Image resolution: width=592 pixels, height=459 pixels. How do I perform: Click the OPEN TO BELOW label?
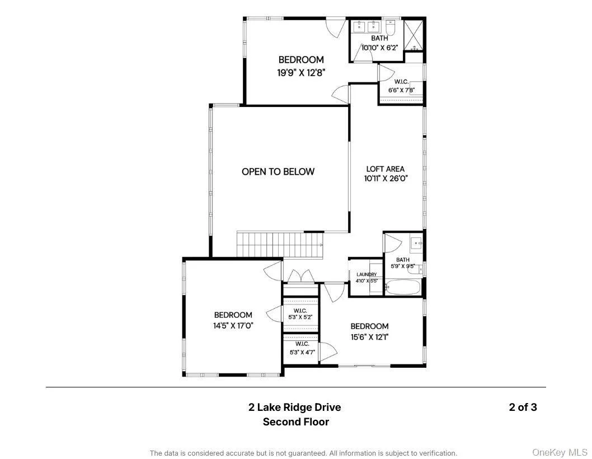pos(278,171)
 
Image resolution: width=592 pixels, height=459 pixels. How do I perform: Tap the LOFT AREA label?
pos(385,169)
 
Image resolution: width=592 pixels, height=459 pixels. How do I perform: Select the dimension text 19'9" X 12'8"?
pos(301,73)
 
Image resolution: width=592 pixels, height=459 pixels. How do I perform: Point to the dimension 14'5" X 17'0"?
pos(233,325)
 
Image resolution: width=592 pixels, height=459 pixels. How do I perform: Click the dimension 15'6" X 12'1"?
pos(370,336)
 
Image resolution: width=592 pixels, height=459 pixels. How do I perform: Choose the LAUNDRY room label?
pos(367,274)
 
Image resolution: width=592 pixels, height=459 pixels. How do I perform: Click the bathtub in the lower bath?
pos(402,287)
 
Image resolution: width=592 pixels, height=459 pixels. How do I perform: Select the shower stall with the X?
pos(414,35)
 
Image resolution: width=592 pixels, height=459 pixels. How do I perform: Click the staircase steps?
pos(280,245)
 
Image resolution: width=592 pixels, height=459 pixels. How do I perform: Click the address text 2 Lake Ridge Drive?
pos(294,408)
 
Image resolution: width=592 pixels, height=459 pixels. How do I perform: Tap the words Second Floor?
pos(295,421)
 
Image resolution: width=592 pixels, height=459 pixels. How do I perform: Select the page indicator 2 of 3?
pos(523,407)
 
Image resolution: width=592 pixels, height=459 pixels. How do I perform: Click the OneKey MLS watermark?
pos(560,452)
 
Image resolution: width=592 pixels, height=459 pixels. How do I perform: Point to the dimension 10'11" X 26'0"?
pos(386,179)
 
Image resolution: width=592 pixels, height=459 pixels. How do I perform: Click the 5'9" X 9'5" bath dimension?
pos(403,266)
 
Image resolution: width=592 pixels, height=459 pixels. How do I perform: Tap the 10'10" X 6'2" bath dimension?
pos(380,48)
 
